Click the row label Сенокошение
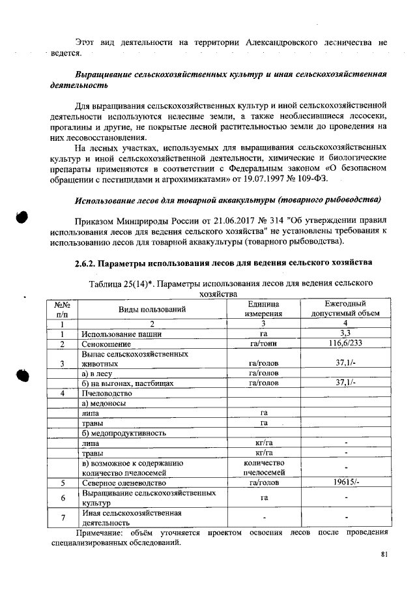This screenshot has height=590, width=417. tap(106, 344)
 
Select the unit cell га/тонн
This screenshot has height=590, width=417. tap(263, 344)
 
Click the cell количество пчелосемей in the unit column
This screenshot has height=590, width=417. tap(263, 468)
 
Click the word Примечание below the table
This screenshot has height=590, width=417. tap(97, 533)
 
